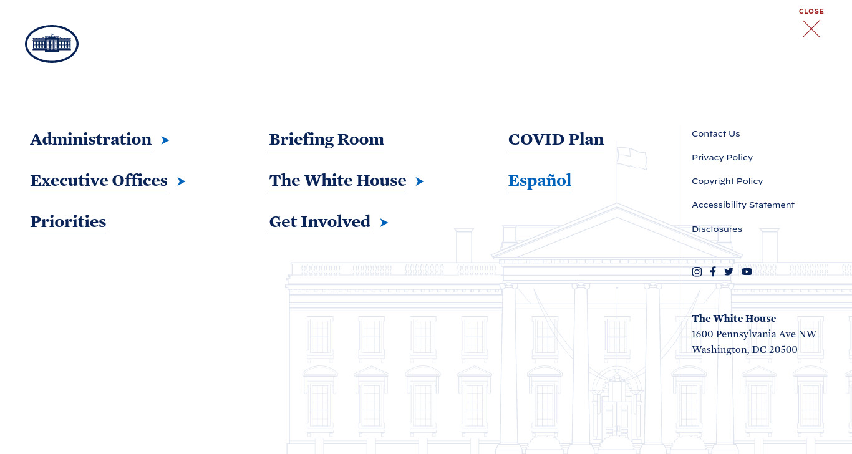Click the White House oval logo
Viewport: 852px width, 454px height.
pyautogui.click(x=52, y=44)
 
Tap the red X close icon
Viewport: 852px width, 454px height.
pyautogui.click(x=811, y=29)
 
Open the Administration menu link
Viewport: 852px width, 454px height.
pyautogui.click(x=91, y=139)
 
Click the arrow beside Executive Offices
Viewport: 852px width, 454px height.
pyautogui.click(x=182, y=181)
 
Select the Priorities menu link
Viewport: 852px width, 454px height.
pyautogui.click(x=68, y=221)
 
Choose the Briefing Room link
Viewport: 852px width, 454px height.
pyautogui.click(x=326, y=139)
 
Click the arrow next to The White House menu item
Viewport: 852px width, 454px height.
pyautogui.click(x=420, y=181)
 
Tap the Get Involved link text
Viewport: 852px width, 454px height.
pyautogui.click(x=319, y=221)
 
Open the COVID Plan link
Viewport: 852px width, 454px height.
pyautogui.click(x=556, y=139)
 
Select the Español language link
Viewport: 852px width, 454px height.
pyautogui.click(x=540, y=180)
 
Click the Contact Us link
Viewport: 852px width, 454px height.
pyautogui.click(x=716, y=134)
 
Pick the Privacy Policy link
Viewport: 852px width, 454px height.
pyautogui.click(x=722, y=157)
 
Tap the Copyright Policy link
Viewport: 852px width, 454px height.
pyautogui.click(x=727, y=181)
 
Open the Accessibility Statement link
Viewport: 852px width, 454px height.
pyautogui.click(x=743, y=205)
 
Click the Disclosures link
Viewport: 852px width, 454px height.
pyautogui.click(x=717, y=229)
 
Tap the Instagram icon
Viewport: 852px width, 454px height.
pyautogui.click(x=697, y=271)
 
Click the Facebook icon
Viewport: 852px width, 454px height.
pyautogui.click(x=713, y=271)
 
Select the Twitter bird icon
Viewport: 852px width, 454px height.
pyautogui.click(x=729, y=271)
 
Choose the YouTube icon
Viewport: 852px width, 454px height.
pyautogui.click(x=747, y=271)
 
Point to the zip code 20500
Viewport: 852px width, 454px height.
pyautogui.click(x=783, y=350)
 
